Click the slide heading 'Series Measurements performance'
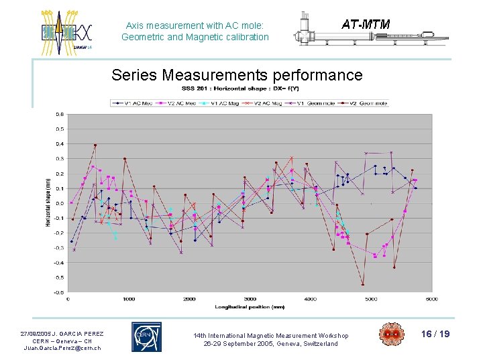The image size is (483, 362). point(237,75)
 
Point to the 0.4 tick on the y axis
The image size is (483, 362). point(60,144)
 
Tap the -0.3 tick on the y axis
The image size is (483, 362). point(59,248)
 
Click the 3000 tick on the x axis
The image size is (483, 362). point(250,299)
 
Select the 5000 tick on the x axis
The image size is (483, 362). point(370,299)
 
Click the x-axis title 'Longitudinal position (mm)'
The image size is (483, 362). point(250,306)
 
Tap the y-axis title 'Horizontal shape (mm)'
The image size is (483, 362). point(48,203)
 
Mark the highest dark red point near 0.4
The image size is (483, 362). point(95,145)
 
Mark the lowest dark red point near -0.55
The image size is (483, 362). point(362,284)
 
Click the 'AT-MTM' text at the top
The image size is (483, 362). point(366,25)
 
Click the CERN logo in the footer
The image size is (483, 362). point(146,337)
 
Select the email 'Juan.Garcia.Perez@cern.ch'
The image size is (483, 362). point(62,348)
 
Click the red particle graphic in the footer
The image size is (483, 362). point(390,335)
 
